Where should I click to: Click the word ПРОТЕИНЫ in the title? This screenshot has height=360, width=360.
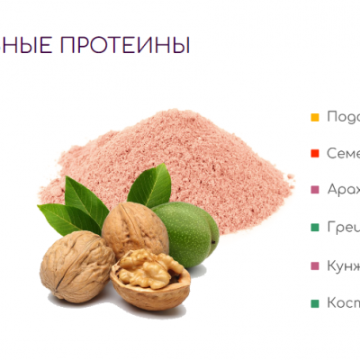click(139, 44)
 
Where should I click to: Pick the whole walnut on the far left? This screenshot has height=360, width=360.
click(76, 265)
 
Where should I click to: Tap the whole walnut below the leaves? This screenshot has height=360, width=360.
click(134, 229)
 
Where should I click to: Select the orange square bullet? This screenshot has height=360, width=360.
click(314, 117)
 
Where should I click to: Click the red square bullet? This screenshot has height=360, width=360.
click(314, 154)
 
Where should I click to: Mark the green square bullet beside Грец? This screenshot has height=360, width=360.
click(314, 229)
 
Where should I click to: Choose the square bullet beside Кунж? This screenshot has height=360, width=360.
click(314, 266)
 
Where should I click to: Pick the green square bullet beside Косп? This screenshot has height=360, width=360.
click(314, 303)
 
